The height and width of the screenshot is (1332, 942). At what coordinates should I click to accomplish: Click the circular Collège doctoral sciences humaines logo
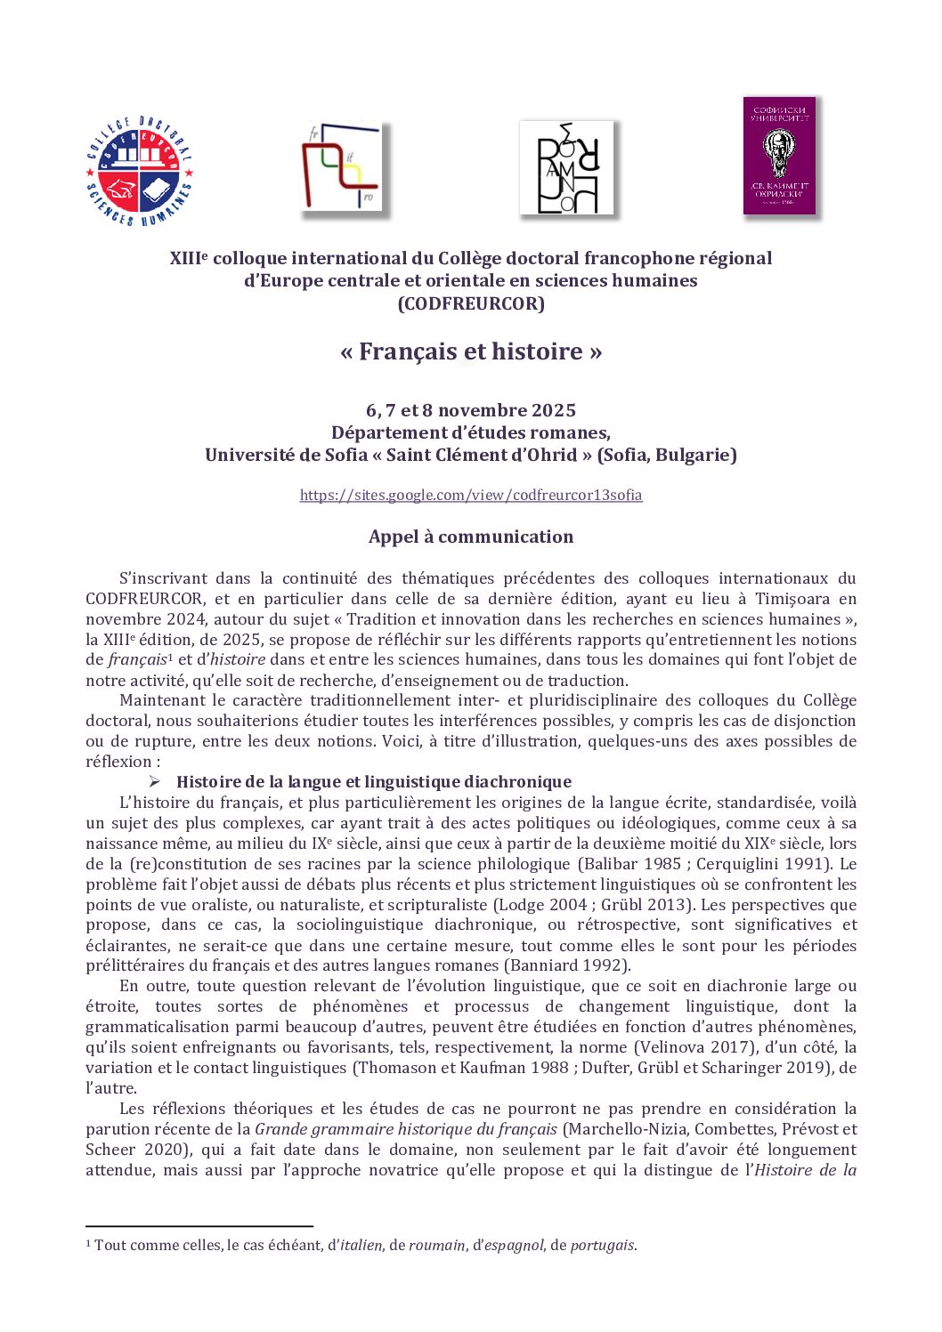[x=140, y=170]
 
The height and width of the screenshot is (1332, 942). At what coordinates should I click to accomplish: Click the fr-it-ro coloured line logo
[x=342, y=167]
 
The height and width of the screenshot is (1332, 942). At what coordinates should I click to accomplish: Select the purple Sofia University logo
[x=779, y=156]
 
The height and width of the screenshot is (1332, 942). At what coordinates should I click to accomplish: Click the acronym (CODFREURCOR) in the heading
[x=471, y=303]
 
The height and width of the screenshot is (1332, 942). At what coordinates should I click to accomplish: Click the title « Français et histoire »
[x=471, y=351]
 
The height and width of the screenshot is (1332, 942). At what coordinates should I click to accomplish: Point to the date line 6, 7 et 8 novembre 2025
[x=471, y=410]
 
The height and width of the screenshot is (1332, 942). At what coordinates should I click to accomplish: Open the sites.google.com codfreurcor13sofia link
[x=471, y=495]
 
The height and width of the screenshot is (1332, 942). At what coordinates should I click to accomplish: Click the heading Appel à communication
[x=471, y=537]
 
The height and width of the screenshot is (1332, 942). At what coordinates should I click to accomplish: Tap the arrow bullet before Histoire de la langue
[x=155, y=781]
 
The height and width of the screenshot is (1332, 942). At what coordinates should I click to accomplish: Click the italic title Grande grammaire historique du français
[x=406, y=1129]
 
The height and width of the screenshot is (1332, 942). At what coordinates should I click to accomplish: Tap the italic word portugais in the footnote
[x=602, y=1245]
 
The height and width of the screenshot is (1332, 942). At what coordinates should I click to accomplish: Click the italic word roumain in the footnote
[x=437, y=1245]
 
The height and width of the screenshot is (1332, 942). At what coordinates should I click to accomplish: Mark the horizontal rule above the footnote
[x=199, y=1226]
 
